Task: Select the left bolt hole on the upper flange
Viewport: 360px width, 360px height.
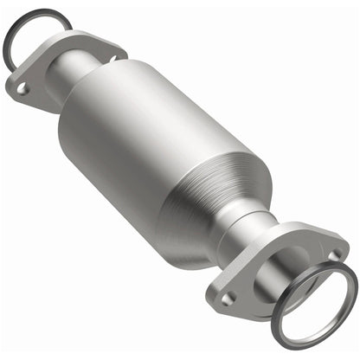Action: click(22, 87)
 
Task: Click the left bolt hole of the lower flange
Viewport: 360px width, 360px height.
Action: click(229, 297)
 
